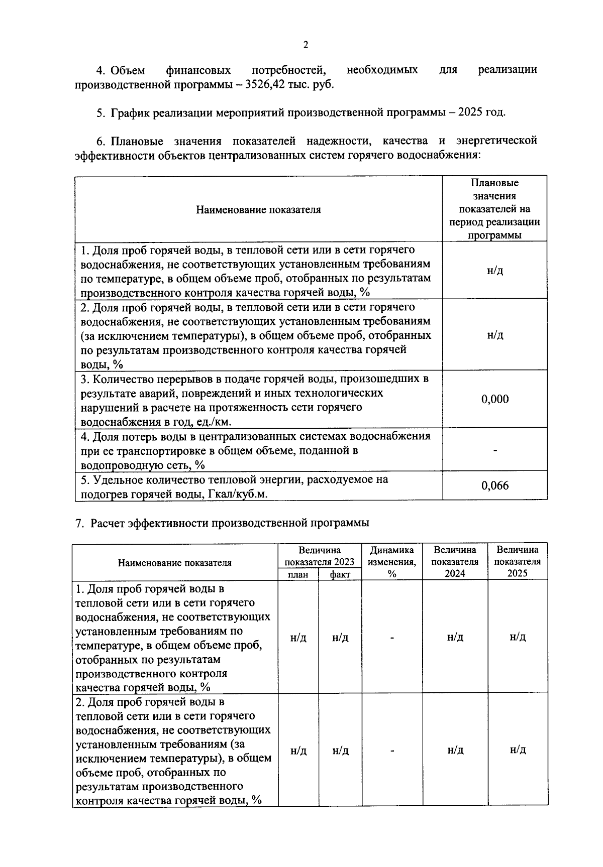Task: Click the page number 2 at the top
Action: click(305, 45)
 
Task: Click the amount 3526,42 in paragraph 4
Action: click(264, 84)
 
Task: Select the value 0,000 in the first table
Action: click(494, 399)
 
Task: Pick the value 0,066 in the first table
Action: click(494, 485)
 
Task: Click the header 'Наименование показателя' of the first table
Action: click(258, 209)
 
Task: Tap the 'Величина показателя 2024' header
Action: click(455, 562)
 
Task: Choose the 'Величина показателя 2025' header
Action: click(517, 562)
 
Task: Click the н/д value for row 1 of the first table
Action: click(494, 271)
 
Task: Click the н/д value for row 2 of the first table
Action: click(494, 335)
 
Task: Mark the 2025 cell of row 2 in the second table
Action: click(517, 750)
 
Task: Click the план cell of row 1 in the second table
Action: click(298, 638)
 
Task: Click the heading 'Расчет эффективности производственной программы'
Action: click(230, 523)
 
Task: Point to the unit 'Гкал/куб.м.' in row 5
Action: click(237, 494)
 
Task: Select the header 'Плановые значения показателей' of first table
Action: click(494, 209)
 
